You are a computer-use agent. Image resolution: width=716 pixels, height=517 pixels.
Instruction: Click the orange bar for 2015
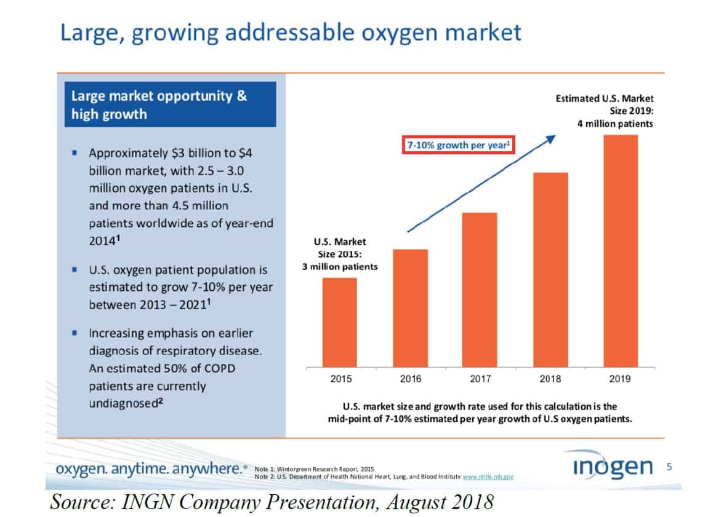pyautogui.click(x=339, y=322)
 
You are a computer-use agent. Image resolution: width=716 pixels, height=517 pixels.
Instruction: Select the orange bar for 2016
pyautogui.click(x=410, y=307)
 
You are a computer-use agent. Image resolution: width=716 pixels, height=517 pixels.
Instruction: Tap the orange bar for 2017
pyautogui.click(x=479, y=289)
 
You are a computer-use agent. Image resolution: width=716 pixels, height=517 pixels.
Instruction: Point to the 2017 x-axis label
pyautogui.click(x=480, y=379)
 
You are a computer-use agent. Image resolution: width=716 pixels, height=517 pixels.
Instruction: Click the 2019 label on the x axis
pyautogui.click(x=620, y=379)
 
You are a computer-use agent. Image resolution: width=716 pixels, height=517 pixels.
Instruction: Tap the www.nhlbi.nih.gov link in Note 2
pyautogui.click(x=488, y=476)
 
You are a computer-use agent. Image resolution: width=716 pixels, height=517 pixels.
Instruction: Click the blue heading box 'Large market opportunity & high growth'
pyautogui.click(x=170, y=105)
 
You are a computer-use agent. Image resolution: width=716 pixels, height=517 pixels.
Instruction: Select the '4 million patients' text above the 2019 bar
pyautogui.click(x=615, y=124)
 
